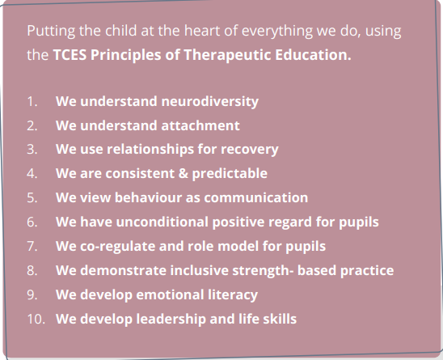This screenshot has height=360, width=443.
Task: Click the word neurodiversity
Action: [209, 102]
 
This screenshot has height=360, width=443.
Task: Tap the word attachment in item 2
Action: [200, 125]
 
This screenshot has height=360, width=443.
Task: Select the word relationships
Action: [150, 150]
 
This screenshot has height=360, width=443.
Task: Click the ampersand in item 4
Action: [184, 173]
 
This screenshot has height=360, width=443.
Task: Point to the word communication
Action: [256, 197]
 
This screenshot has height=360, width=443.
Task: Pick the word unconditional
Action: [162, 222]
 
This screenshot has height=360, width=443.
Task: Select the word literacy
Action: [233, 295]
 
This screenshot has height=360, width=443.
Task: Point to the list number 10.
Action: [36, 320]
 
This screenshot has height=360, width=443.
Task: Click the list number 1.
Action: [32, 101]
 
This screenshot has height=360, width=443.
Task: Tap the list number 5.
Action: [32, 197]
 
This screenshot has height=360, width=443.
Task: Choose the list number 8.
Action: [32, 270]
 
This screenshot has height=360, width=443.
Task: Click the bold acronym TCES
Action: [70, 55]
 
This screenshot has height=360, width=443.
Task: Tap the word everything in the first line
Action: [277, 32]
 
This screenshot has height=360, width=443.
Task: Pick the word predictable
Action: [230, 174]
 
